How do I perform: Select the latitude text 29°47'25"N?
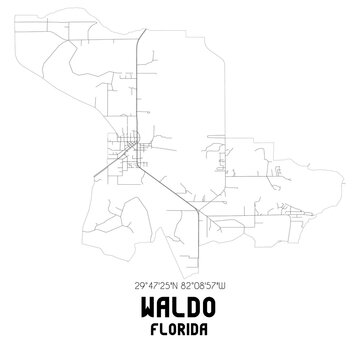pos(154,285)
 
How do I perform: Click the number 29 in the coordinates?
pos(136,285)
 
